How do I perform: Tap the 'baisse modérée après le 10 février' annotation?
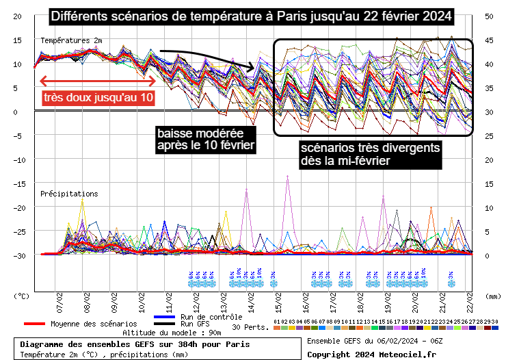[x=206, y=138]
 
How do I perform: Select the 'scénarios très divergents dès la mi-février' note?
[x=370, y=154]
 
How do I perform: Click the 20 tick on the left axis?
[x=18, y=16]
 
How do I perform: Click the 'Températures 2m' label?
[x=72, y=41]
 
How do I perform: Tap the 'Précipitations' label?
[x=69, y=194]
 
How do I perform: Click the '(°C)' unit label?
[x=22, y=297]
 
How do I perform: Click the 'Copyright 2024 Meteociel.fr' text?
[x=371, y=354]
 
